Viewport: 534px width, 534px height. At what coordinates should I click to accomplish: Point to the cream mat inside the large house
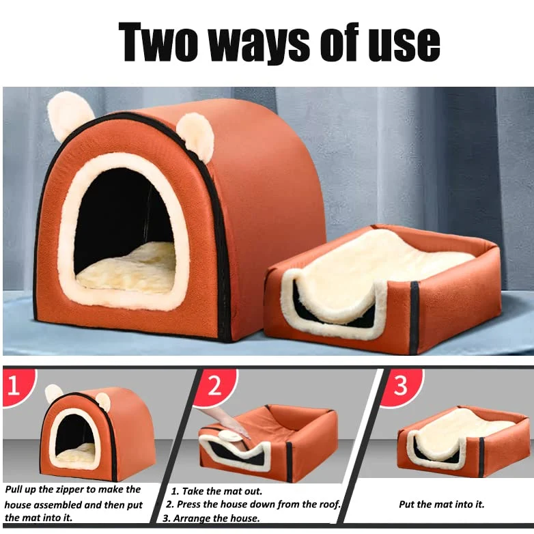coord(126,267)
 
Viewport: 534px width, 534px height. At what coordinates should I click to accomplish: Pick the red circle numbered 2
coord(215,387)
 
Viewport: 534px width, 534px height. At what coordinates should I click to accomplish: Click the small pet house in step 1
coord(99,432)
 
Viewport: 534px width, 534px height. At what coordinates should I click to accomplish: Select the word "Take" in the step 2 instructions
coord(193,491)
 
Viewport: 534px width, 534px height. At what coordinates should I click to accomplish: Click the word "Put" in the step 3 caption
coord(407,505)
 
